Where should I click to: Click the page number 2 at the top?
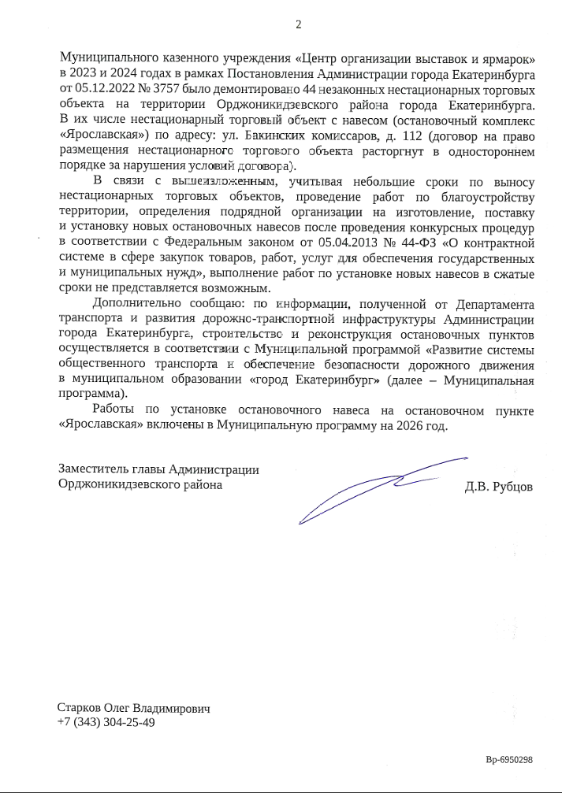(298, 24)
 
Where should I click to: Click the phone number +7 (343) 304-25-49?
(106, 722)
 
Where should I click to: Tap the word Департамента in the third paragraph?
(489, 304)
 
